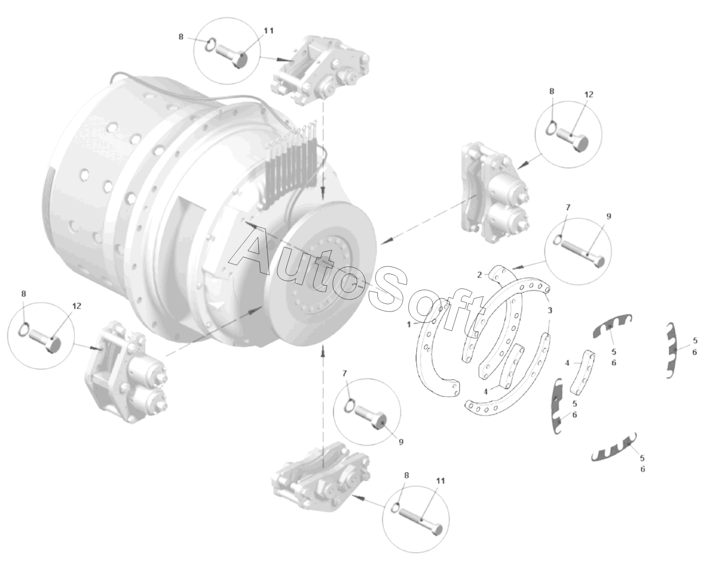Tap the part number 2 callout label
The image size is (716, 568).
pos(479,275)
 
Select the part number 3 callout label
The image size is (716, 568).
pos(550,310)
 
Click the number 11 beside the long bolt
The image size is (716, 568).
pos(440,481)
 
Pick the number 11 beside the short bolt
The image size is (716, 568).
pos(269,31)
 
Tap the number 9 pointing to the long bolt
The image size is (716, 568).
pos(609,216)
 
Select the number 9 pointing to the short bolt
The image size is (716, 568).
pos(402,442)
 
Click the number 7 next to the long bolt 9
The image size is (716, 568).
pos(568,207)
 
